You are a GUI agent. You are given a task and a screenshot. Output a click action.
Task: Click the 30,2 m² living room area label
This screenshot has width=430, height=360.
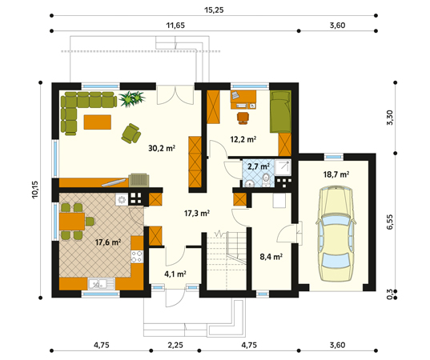pyautogui.click(x=162, y=148)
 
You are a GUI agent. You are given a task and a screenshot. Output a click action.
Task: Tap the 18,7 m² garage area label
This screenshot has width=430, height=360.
pyautogui.click(x=336, y=174)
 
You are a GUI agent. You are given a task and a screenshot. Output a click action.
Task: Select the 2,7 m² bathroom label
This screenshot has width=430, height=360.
pyautogui.click(x=259, y=166)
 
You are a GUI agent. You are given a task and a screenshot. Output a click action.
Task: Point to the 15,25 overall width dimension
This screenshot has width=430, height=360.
pyautogui.click(x=214, y=10)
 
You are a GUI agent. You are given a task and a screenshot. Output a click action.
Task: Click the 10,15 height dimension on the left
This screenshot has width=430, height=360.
pyautogui.click(x=35, y=190)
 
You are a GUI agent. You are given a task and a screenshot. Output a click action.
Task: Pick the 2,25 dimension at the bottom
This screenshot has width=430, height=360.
pyautogui.click(x=175, y=345)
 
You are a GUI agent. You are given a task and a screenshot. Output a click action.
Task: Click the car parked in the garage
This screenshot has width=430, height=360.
pyautogui.click(x=336, y=234)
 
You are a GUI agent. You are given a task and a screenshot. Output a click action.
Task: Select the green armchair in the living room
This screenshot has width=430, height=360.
pyautogui.click(x=131, y=134)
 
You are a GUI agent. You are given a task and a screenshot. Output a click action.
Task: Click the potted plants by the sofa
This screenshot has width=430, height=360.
pyautogui.click(x=132, y=98)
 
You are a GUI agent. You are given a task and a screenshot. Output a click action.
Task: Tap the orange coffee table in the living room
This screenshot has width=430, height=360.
pyautogui.click(x=98, y=122)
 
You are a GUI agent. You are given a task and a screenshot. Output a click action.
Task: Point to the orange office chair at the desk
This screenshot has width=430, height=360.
pyautogui.click(x=243, y=118)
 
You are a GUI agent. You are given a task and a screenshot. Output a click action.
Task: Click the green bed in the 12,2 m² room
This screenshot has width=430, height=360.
pyautogui.click(x=280, y=111)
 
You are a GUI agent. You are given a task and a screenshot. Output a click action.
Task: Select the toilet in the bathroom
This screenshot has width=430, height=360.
pyautogui.click(x=266, y=180)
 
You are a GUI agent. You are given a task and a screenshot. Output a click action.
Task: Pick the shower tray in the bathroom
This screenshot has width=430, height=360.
pyautogui.click(x=283, y=167)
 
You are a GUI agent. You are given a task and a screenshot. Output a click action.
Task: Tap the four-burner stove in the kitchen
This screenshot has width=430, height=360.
pyautogui.click(x=137, y=257)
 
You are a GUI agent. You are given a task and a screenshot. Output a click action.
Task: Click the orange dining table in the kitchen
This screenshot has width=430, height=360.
pyautogui.click(x=72, y=222)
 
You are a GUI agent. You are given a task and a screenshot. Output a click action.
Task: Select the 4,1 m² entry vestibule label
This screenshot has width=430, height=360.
pyautogui.click(x=175, y=274)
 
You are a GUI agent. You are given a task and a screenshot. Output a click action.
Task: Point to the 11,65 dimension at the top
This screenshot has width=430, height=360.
pyautogui.click(x=175, y=26)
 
